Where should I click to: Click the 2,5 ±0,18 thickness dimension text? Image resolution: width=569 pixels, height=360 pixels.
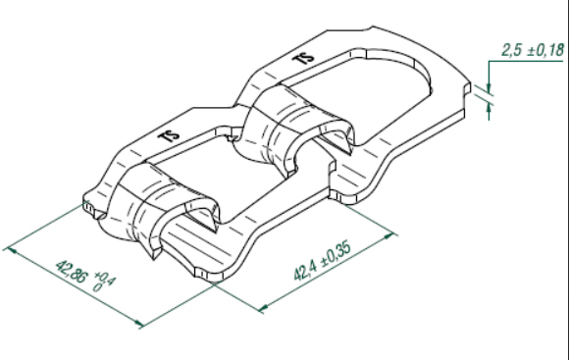533,50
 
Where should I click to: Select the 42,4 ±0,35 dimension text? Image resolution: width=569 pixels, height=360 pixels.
322,260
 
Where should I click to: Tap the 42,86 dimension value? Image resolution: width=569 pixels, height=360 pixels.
71,272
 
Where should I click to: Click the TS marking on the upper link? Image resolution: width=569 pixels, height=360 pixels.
303,58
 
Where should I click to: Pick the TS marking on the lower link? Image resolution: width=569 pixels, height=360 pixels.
169,136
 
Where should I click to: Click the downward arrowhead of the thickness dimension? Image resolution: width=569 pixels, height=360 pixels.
489,89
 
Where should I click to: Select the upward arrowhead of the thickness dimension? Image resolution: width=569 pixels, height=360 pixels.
489,108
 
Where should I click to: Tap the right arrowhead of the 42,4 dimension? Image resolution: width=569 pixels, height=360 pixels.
389,236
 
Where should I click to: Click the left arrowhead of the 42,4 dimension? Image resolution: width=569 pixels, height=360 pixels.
264,308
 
